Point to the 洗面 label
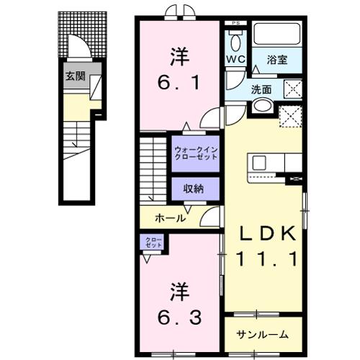point(261,90)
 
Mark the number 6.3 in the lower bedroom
point(181,315)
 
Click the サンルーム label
point(265,334)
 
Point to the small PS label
point(234,24)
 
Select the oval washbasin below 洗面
point(262,106)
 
